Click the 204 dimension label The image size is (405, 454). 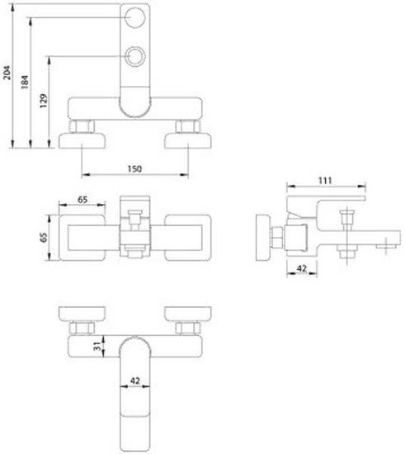coord(7,73)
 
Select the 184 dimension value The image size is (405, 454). coord(25,82)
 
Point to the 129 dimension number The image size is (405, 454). coord(44,101)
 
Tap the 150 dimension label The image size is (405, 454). coord(134,168)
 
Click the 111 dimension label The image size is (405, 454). coord(325,181)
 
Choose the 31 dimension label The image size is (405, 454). coord(98,346)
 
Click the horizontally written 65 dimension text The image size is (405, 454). coord(82,200)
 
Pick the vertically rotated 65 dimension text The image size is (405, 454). coord(44,238)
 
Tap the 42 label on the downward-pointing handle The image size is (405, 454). coord(135,381)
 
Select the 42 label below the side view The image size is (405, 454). coord(302,269)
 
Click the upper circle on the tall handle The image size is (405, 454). coord(134,17)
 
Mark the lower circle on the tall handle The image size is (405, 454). coord(134,56)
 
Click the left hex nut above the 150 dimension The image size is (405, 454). coord(82,126)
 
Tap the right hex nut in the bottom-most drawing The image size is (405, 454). coord(188,329)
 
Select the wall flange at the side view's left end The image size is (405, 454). coord(263,238)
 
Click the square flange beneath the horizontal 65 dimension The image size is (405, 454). coord(82,238)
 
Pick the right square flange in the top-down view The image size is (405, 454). coord(188,238)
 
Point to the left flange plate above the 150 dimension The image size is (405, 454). coord(82,140)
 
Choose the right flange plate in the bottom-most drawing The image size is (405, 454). coord(188,314)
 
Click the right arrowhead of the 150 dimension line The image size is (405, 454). coord(185,175)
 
